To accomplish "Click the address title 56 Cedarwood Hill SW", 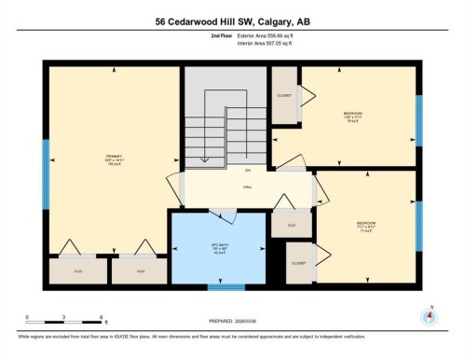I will tap(232, 21).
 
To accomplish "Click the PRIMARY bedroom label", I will tap(114, 159).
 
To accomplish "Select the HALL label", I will tap(248, 187).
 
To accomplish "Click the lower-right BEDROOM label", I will tap(365, 225).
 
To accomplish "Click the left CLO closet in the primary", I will tap(76, 270).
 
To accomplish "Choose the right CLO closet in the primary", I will tap(140, 270).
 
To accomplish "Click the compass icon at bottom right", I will tap(428, 315).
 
